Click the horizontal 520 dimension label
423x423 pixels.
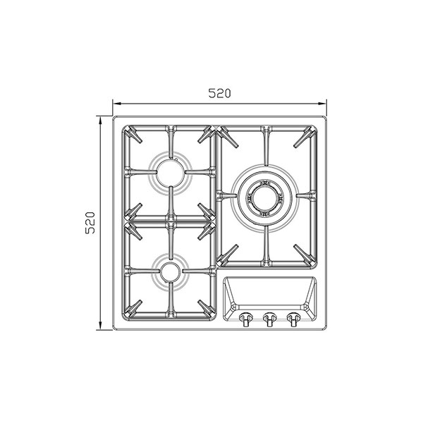tap(219, 93)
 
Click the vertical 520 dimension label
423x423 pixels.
tap(90, 223)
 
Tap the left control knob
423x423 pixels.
tap(245, 319)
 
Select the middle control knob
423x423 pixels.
tap(269, 319)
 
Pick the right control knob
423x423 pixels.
tap(293, 319)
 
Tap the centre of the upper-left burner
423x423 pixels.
tap(171, 173)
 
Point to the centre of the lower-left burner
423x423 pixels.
tap(170, 271)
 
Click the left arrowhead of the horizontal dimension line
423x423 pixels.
tap(116, 103)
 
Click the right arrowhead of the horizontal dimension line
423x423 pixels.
tap(323, 103)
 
